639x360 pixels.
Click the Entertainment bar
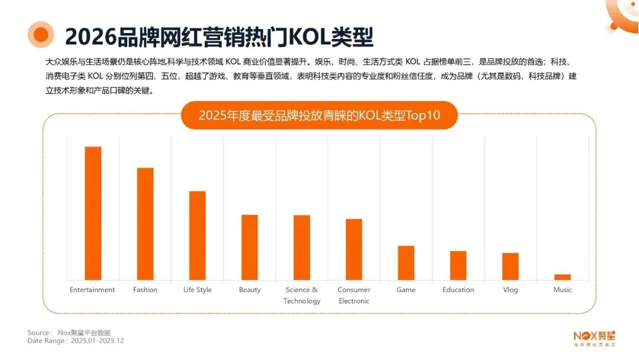click(93, 213)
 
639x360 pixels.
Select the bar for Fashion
click(145, 224)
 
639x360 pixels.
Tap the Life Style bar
click(197, 235)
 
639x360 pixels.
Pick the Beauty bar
click(250, 247)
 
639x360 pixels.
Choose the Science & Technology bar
click(302, 247)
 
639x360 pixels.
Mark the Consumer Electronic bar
click(354, 249)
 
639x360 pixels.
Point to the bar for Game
click(406, 262)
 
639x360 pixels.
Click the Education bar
click(458, 265)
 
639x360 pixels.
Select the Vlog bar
click(510, 266)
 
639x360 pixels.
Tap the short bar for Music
click(563, 277)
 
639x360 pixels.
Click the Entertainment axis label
click(92, 290)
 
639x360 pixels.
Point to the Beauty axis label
click(250, 290)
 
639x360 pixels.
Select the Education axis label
click(458, 290)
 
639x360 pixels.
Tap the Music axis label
click(563, 290)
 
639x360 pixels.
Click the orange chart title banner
click(319, 115)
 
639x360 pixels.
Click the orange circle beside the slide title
click(41, 35)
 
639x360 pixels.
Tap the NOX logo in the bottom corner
click(594, 336)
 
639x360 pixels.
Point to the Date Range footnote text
click(76, 340)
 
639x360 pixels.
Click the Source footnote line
click(69, 332)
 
